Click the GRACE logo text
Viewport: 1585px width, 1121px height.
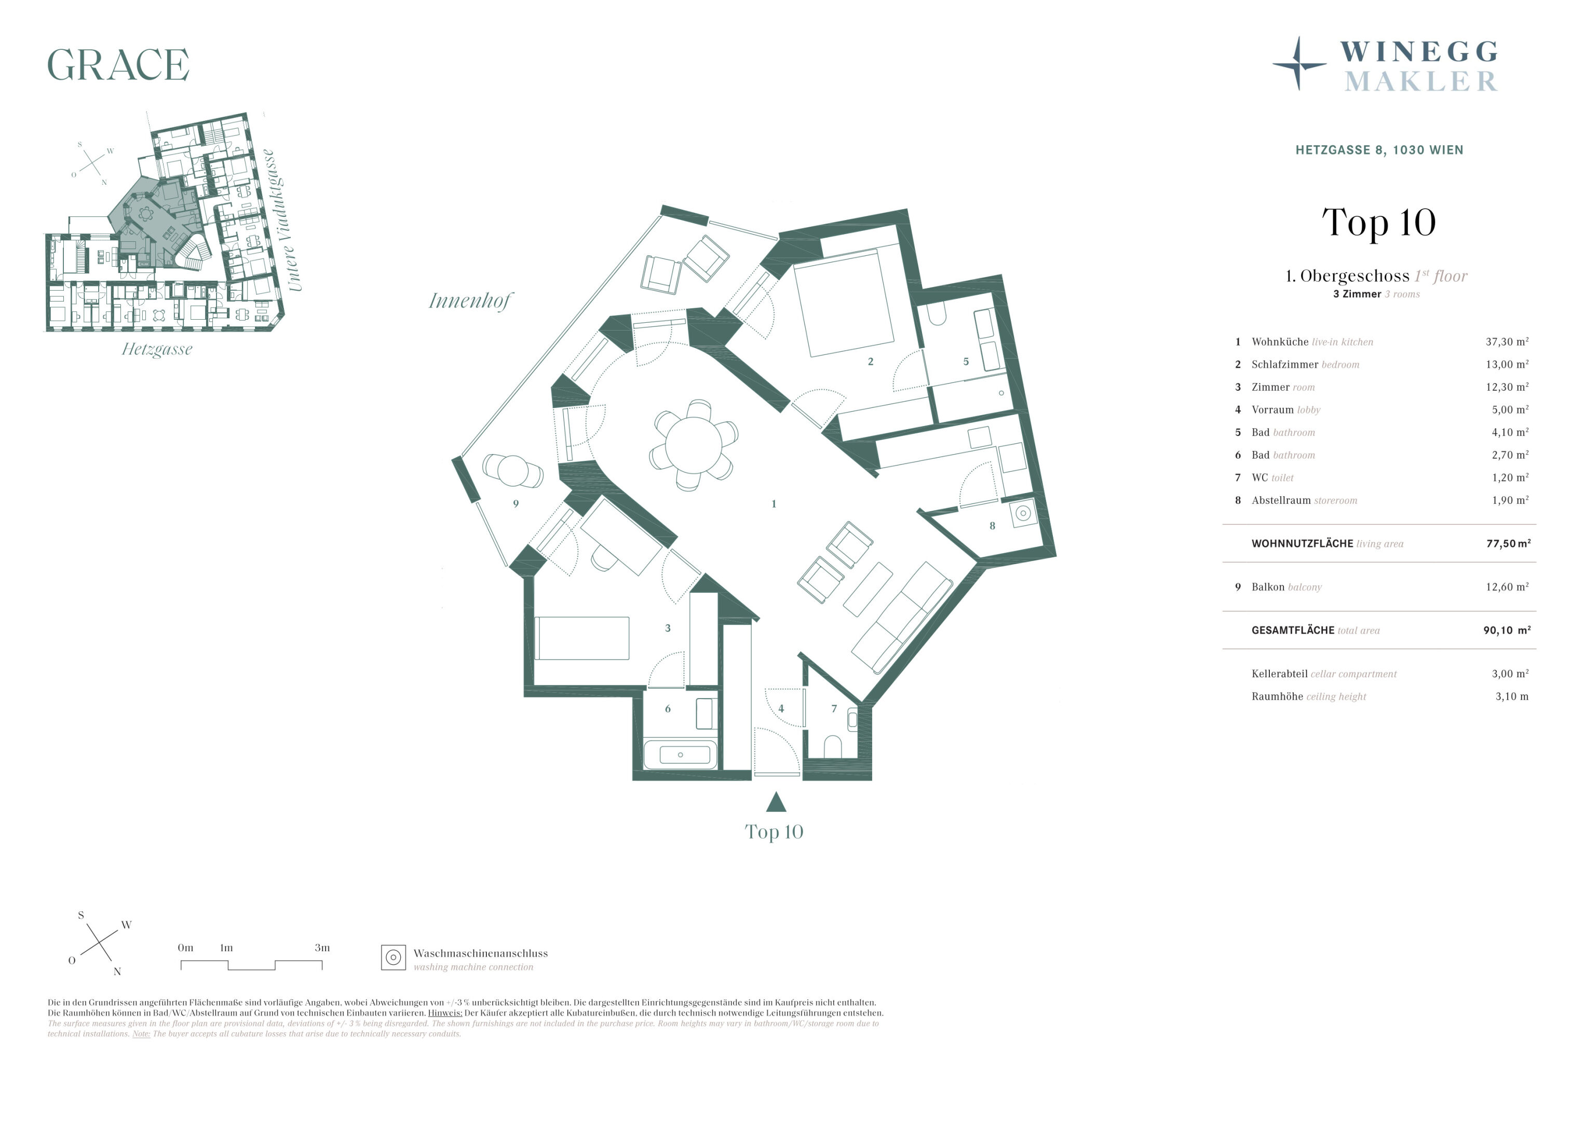point(118,65)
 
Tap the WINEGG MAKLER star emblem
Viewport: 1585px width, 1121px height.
point(1299,63)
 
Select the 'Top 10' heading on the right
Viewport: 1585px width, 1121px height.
point(1378,223)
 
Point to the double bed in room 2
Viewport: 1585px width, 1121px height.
point(844,303)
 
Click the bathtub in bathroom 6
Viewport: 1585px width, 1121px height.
point(680,755)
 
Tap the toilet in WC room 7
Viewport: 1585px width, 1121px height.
point(833,747)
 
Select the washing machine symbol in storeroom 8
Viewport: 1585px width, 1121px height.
point(1023,513)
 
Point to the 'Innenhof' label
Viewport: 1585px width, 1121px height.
point(470,301)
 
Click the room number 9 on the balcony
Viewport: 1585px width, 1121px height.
point(516,504)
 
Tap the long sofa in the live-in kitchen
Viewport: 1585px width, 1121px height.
point(902,617)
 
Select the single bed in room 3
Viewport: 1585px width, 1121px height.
point(582,638)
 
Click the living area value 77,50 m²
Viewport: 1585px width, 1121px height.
point(1508,543)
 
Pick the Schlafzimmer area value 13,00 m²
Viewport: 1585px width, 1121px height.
point(1507,364)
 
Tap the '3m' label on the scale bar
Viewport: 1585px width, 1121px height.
point(322,948)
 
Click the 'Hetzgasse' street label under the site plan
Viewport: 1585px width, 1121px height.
point(157,349)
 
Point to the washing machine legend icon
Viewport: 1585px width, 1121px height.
point(394,958)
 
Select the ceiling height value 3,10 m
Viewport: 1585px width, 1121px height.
point(1512,696)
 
